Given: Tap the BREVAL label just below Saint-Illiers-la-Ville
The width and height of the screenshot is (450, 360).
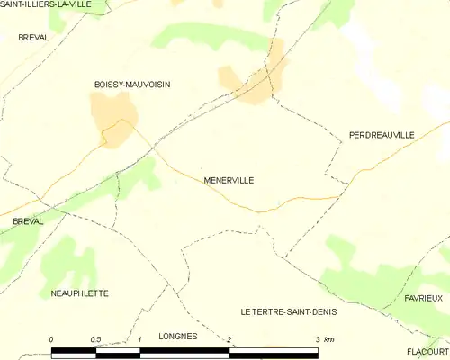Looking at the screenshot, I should tap(34, 37).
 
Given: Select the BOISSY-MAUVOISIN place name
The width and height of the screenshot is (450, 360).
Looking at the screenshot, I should tap(132, 85).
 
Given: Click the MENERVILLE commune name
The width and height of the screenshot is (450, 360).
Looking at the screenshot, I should tap(228, 180).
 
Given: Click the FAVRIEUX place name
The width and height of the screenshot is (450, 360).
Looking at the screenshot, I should tap(423, 297).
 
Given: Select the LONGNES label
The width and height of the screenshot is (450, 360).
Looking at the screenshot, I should tap(177, 335).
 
